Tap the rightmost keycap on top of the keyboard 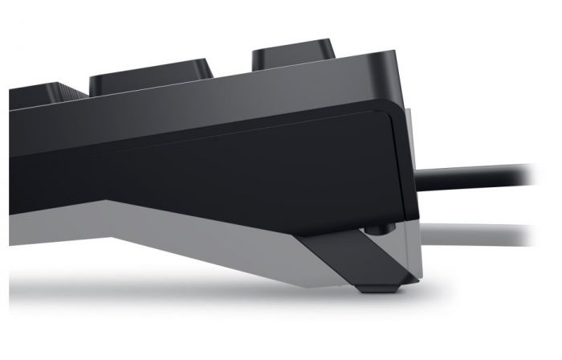coord(293,52)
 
